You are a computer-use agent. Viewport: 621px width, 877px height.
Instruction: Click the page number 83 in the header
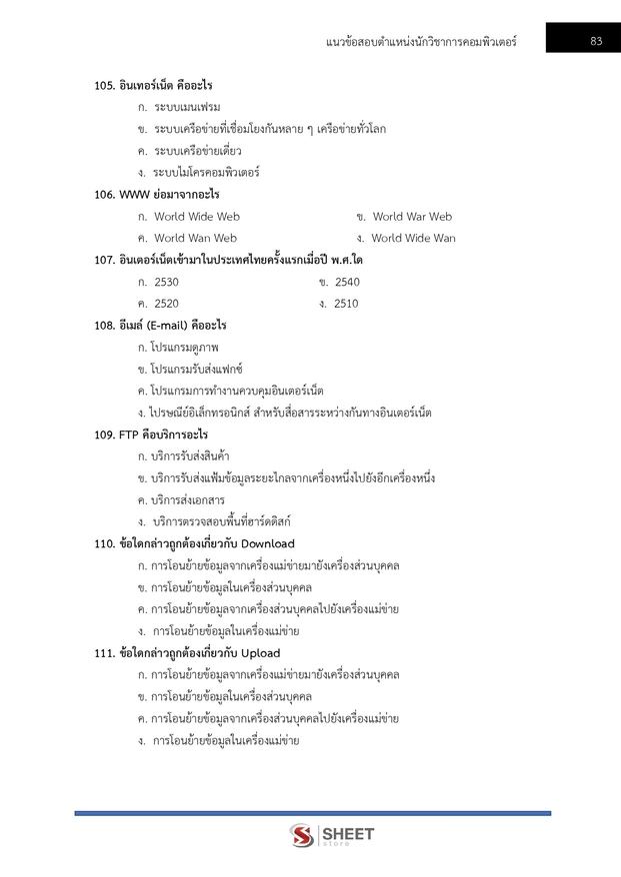click(595, 41)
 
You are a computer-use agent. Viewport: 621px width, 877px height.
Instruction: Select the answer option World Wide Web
click(197, 217)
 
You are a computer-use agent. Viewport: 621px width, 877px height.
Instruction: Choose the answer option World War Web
click(412, 217)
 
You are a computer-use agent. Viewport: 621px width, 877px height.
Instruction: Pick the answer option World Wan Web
click(196, 239)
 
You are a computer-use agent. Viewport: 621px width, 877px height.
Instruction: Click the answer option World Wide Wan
click(413, 239)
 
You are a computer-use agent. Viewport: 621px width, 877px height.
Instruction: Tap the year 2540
click(346, 283)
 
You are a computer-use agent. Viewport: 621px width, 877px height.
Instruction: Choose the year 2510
click(346, 304)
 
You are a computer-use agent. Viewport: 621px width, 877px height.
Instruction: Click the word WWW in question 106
click(133, 195)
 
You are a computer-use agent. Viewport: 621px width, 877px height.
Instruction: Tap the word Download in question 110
click(268, 544)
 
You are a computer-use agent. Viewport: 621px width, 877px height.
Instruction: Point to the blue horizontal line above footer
click(312, 813)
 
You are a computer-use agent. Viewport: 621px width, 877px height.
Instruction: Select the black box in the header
click(583, 40)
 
